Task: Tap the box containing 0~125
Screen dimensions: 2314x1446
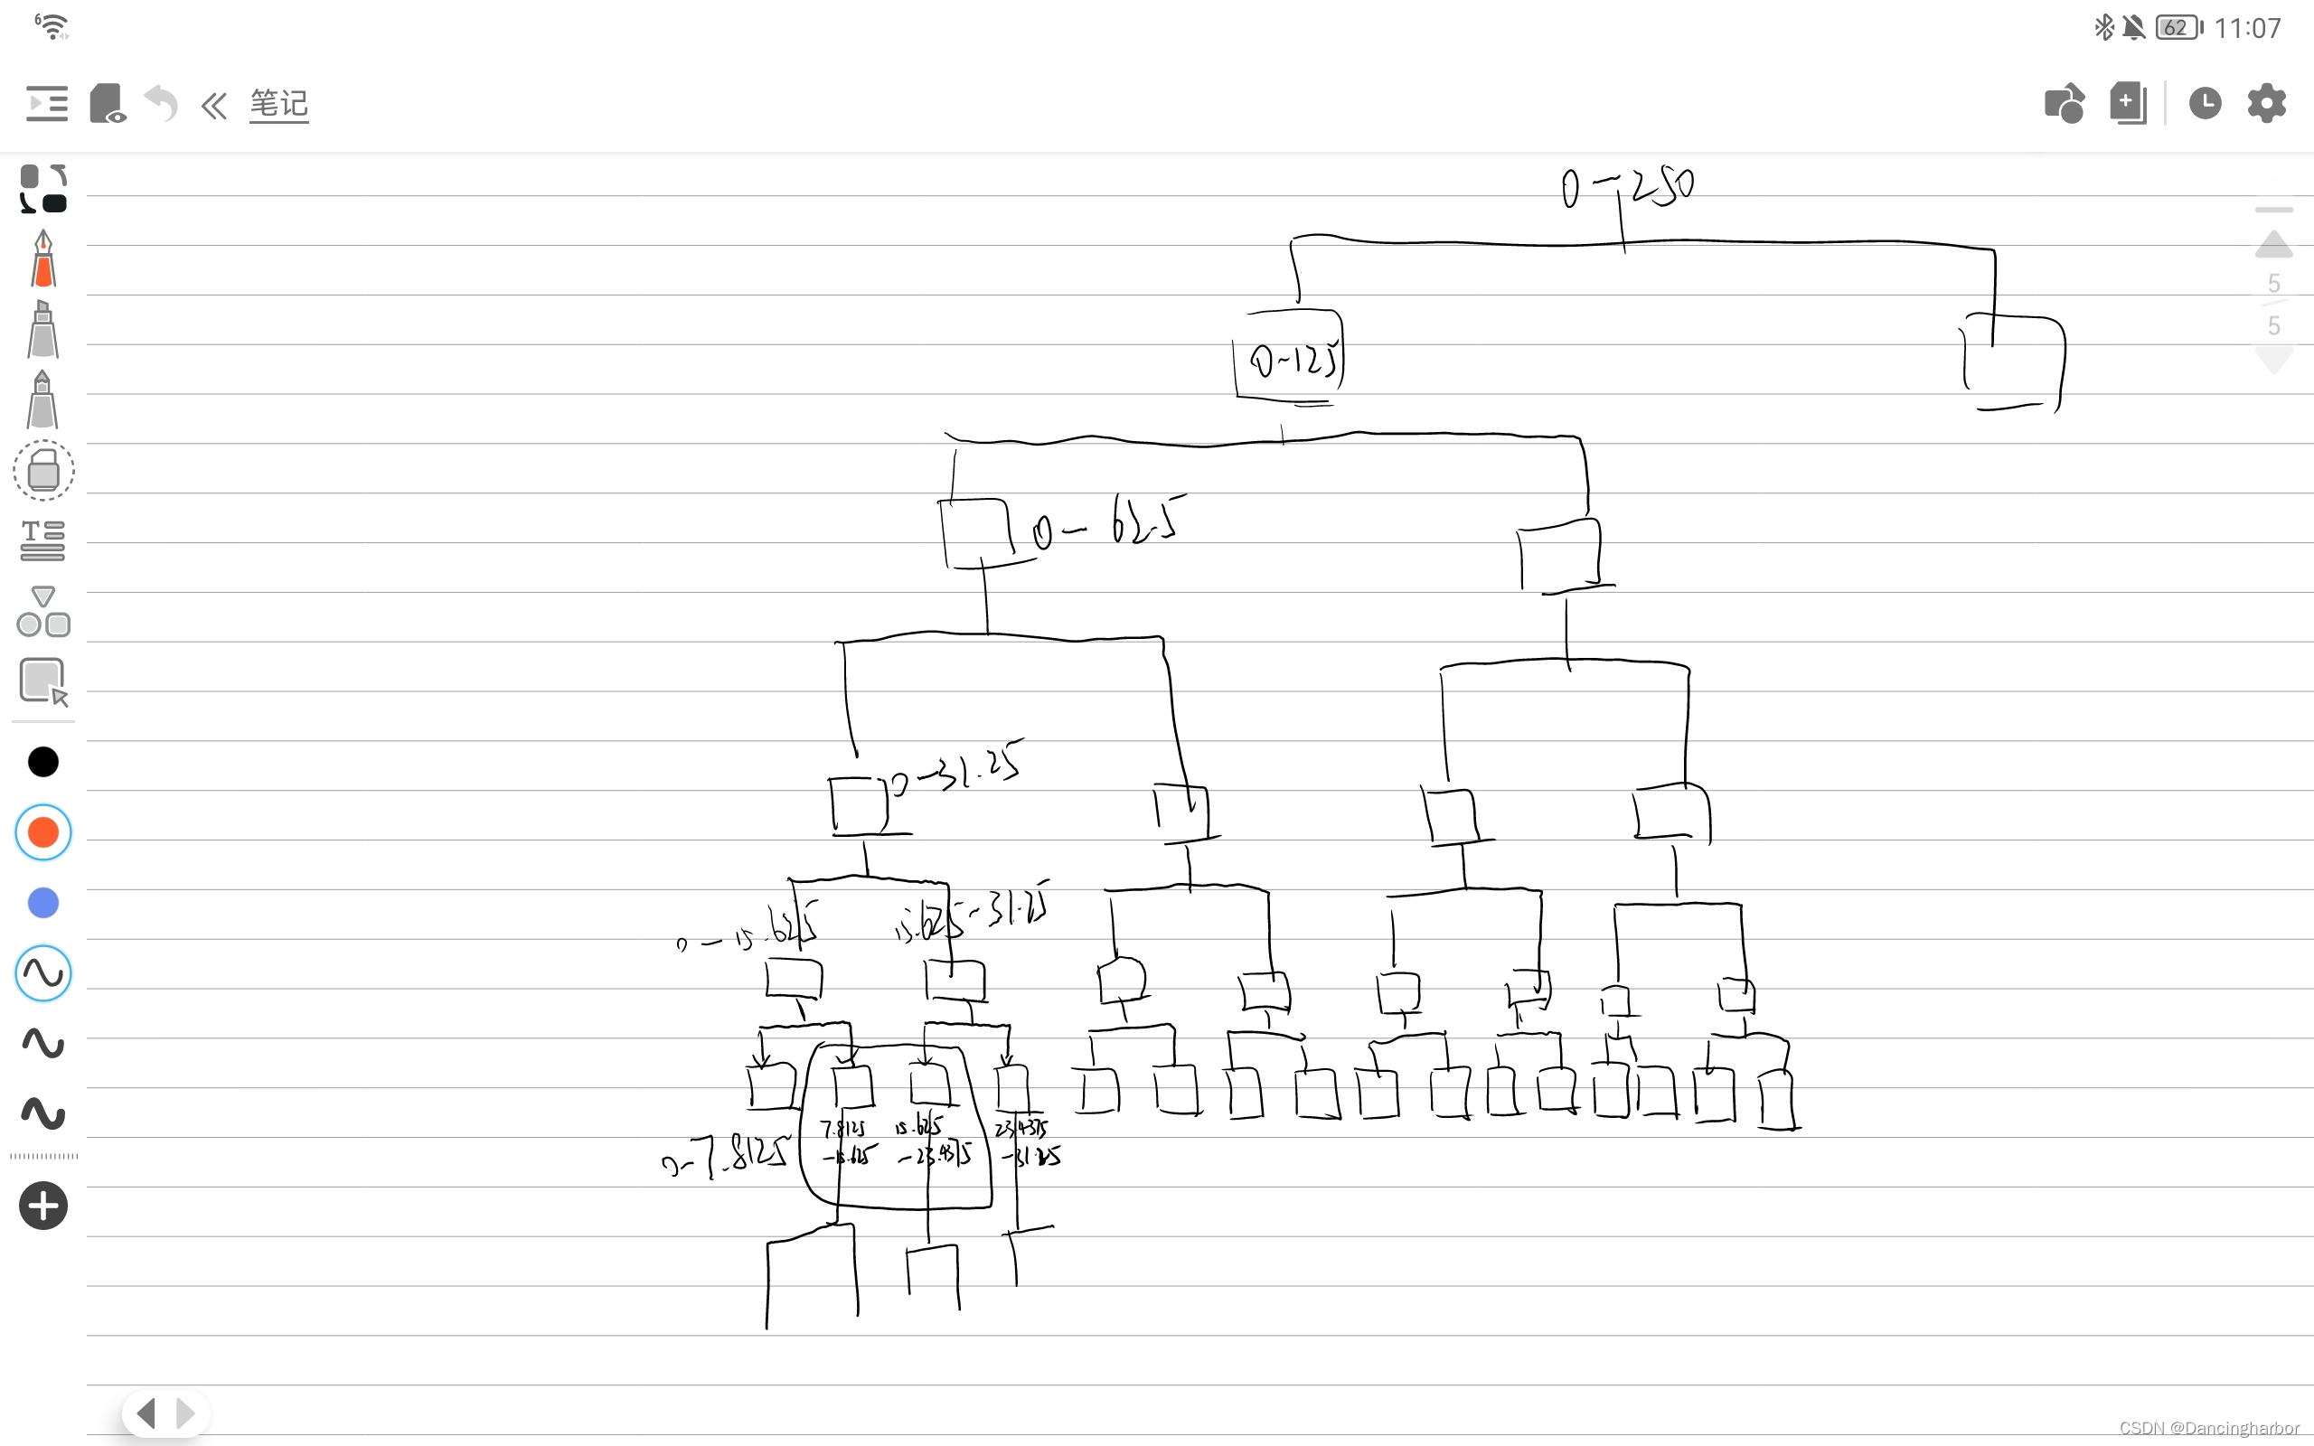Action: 1290,359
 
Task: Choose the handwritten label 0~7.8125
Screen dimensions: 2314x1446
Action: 727,1156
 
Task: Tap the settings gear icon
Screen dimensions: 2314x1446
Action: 2265,103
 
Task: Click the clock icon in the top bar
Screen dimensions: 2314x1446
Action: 2204,103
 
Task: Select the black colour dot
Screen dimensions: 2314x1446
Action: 43,762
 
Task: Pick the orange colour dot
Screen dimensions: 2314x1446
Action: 43,832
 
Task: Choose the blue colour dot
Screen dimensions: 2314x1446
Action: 43,903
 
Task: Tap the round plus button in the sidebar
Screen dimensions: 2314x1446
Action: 43,1205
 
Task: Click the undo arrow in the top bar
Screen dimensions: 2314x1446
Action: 161,103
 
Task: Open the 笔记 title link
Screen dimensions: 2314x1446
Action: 278,103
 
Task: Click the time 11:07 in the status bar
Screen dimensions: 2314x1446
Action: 2247,28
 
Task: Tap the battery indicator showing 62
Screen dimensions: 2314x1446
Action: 2178,28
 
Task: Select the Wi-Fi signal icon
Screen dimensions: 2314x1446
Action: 52,26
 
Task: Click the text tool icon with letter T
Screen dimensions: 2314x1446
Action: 43,540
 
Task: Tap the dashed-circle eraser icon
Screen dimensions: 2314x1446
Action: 43,471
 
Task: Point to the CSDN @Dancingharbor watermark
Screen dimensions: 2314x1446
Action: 2209,1428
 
